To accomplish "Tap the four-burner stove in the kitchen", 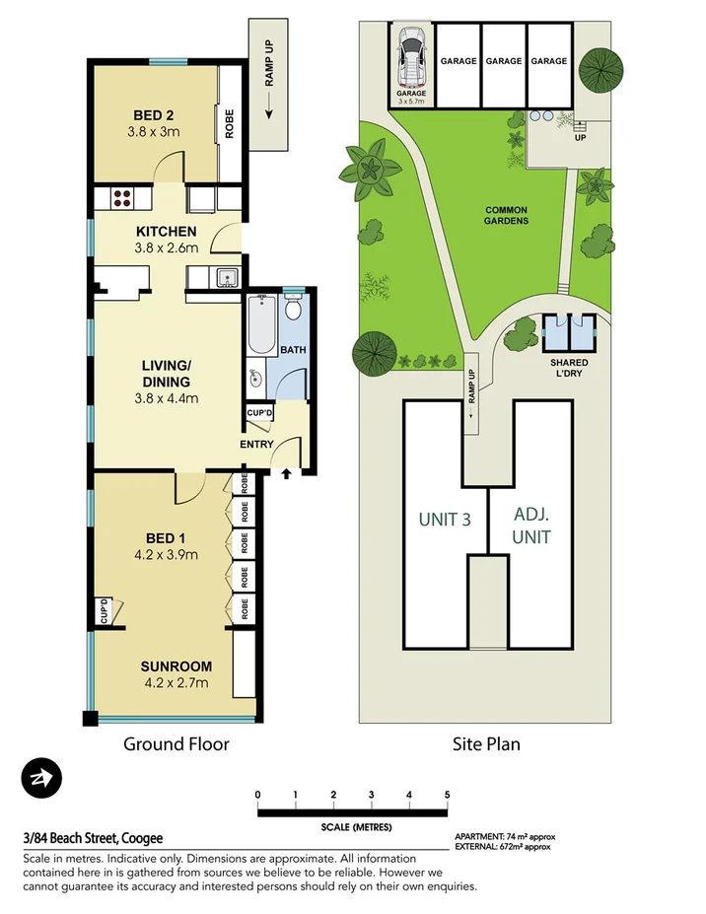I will pyautogui.click(x=122, y=197).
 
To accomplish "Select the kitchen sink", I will pyautogui.click(x=226, y=279).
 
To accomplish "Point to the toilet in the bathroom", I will pyautogui.click(x=294, y=311).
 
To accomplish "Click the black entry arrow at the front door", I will pyautogui.click(x=287, y=474).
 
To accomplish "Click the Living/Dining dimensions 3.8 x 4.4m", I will pyautogui.click(x=167, y=398).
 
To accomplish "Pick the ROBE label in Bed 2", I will pyautogui.click(x=229, y=122).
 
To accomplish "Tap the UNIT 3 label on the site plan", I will pyautogui.click(x=445, y=519).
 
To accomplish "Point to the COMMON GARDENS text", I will pyautogui.click(x=507, y=215).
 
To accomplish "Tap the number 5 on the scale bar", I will pyautogui.click(x=447, y=795).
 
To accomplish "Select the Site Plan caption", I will pyautogui.click(x=486, y=744).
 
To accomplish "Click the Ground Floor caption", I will pyautogui.click(x=176, y=744).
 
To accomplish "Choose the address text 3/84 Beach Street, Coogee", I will pyautogui.click(x=93, y=838).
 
